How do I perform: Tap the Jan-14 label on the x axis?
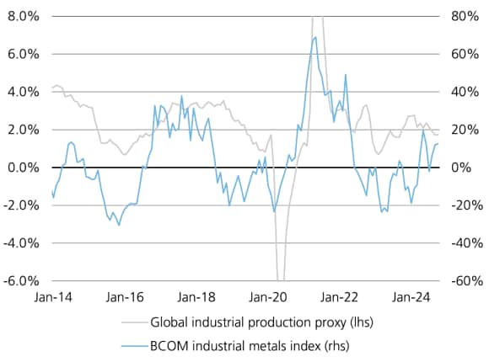point(51,296)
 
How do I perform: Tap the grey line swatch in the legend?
point(135,322)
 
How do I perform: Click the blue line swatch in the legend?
point(135,344)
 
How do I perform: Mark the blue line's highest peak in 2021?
point(315,37)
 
